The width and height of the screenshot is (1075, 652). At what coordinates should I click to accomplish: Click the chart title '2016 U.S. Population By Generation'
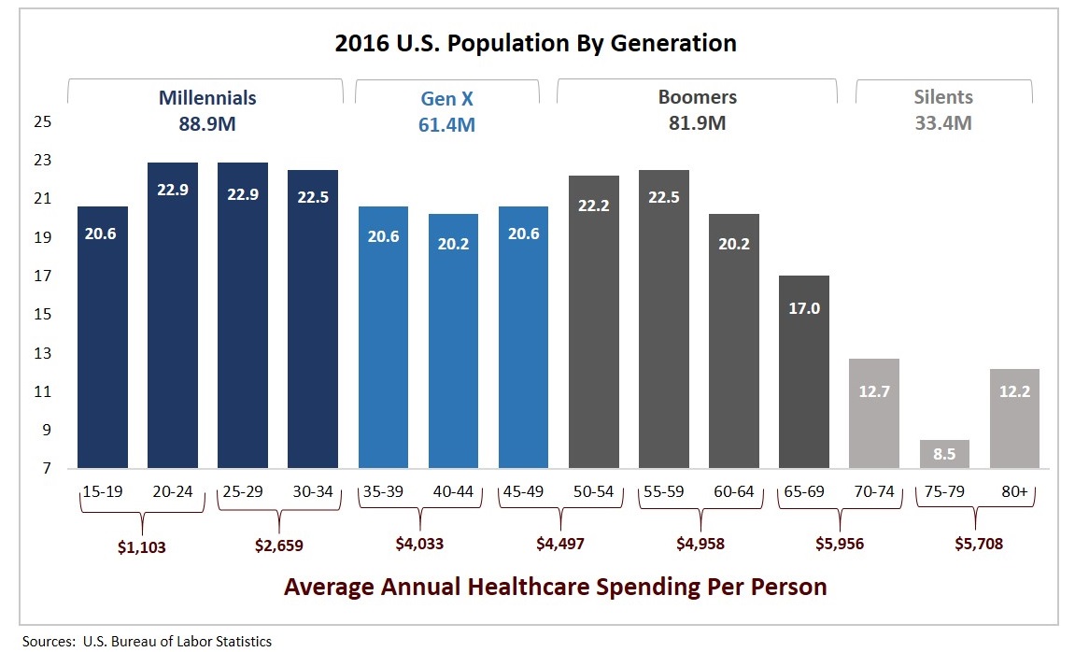535,43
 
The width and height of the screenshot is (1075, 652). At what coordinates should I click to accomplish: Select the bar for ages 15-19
102,336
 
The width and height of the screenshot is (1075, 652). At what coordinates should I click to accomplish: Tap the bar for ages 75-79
944,454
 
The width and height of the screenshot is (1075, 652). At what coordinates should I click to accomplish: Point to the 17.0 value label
803,308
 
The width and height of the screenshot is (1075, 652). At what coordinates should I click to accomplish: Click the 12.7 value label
874,391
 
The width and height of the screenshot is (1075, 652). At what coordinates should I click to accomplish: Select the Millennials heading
207,97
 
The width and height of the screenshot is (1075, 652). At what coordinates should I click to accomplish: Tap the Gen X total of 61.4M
446,124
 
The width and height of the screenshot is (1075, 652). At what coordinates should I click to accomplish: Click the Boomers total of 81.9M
697,123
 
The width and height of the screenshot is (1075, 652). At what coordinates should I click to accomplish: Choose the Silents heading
944,97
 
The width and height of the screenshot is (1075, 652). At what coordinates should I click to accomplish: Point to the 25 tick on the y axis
42,122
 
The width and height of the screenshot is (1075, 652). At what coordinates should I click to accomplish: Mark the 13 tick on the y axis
42,353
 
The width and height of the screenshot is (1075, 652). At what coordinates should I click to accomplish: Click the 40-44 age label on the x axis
453,491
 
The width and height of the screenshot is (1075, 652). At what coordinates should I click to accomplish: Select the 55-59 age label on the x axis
663,491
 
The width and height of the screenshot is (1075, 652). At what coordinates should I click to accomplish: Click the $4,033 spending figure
417,544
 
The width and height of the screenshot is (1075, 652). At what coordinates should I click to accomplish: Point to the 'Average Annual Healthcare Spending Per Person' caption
555,588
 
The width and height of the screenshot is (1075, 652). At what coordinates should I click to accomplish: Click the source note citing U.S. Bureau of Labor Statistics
146,641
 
